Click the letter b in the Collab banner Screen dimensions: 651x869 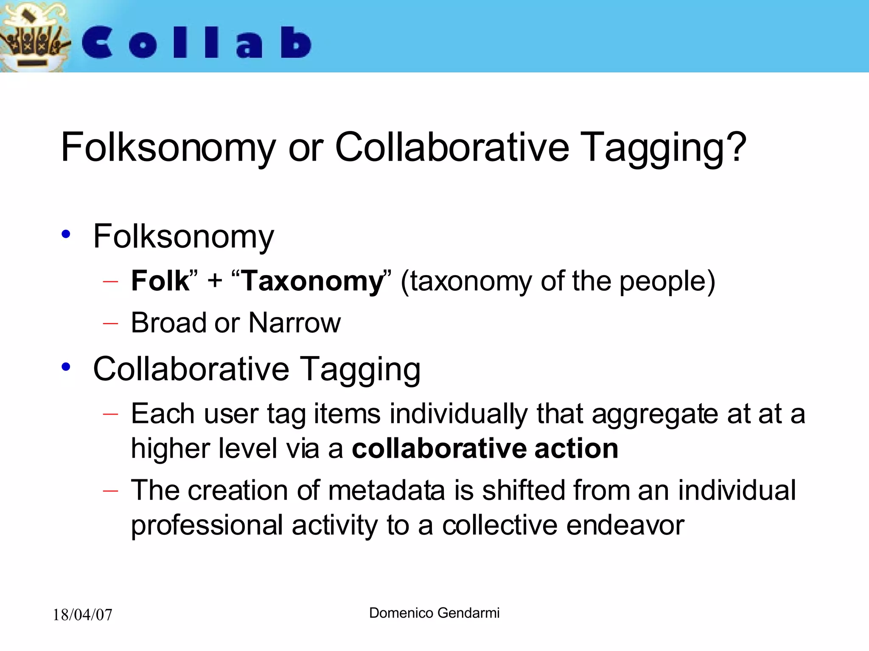coord(296,42)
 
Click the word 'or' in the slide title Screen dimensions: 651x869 coord(306,148)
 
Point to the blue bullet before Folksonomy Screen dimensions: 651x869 coord(66,234)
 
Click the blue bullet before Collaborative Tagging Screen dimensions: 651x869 coord(66,367)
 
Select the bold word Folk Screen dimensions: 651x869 coord(160,281)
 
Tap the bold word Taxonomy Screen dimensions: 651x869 coord(312,282)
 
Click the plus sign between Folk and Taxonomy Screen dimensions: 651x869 coord(215,281)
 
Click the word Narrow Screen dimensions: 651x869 coord(294,323)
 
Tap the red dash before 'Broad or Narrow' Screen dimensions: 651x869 coord(110,323)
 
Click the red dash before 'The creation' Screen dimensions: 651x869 coord(110,491)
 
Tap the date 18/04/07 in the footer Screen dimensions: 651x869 coord(82,615)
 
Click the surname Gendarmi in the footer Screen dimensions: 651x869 coord(468,613)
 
